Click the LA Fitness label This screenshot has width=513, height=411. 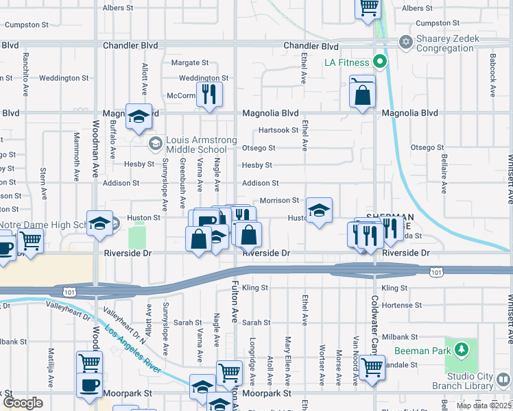(x=347, y=63)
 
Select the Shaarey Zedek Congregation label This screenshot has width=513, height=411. (x=444, y=43)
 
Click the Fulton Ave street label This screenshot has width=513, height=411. (x=235, y=301)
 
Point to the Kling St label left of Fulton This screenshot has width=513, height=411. (x=254, y=288)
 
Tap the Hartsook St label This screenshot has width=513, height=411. (x=278, y=130)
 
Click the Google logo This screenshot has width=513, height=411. (x=23, y=403)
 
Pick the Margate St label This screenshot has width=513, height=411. (x=185, y=62)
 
